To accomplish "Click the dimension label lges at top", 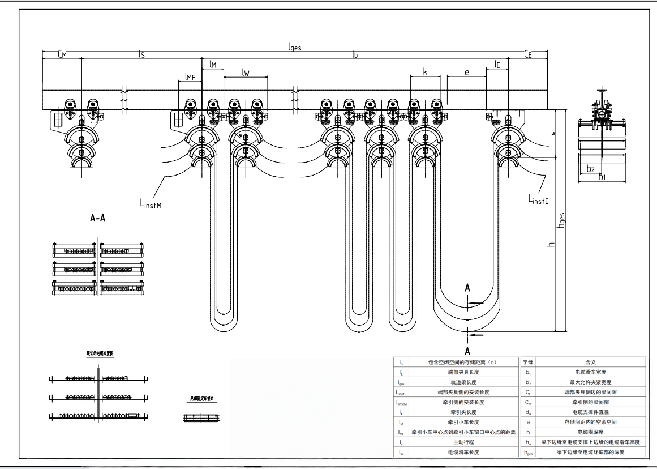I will click(294, 48).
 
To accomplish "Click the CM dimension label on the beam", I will click(62, 54).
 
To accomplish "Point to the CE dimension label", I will click(528, 54).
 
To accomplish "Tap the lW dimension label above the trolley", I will click(246, 72).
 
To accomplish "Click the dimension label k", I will click(425, 72).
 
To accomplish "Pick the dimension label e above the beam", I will click(466, 72).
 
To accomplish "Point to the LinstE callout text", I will click(538, 199).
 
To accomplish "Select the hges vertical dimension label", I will click(561, 220).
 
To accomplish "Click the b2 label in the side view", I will click(590, 168).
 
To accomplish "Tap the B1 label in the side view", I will click(603, 177).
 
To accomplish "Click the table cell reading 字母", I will click(527, 361).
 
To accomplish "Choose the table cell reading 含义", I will click(590, 361).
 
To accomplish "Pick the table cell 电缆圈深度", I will click(590, 432).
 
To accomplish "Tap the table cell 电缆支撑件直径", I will click(590, 412).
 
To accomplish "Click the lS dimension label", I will click(141, 54).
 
